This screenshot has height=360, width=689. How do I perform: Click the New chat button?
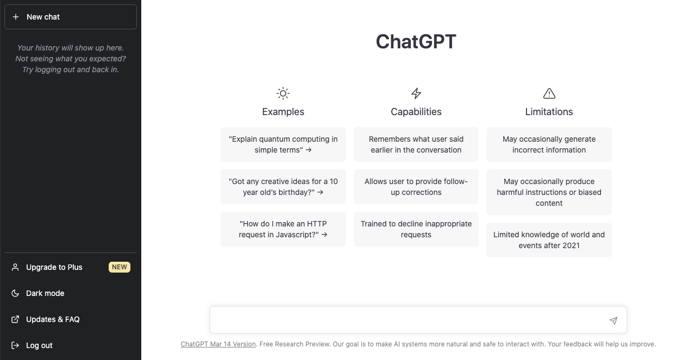pos(71,17)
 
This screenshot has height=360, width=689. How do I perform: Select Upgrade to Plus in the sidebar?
pos(54,267)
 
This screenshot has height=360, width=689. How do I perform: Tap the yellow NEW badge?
pos(120,267)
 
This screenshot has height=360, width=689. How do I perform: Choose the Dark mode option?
pos(45,293)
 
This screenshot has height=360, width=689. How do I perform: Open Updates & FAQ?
pos(53,319)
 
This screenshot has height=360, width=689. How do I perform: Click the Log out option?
pos(39,345)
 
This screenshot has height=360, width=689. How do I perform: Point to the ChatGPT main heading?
pos(416,41)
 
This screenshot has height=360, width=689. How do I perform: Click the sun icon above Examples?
pos(283,93)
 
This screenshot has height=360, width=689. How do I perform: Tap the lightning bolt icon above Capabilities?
pos(416,93)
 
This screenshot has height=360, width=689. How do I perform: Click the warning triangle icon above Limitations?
pos(549,93)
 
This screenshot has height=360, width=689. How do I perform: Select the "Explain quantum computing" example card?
pos(283,144)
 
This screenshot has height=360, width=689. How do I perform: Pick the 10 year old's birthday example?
pos(283,187)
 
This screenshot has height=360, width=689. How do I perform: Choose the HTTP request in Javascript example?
pos(283,229)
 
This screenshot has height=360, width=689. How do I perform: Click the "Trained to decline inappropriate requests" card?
pos(416,229)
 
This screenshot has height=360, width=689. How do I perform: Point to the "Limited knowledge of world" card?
pos(549,240)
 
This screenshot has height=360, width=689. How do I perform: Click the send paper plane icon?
pos(613,321)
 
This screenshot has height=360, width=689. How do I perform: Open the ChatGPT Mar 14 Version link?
pos(218,344)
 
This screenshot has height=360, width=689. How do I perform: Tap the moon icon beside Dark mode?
pos(15,293)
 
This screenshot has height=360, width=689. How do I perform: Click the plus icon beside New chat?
pos(16,17)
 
